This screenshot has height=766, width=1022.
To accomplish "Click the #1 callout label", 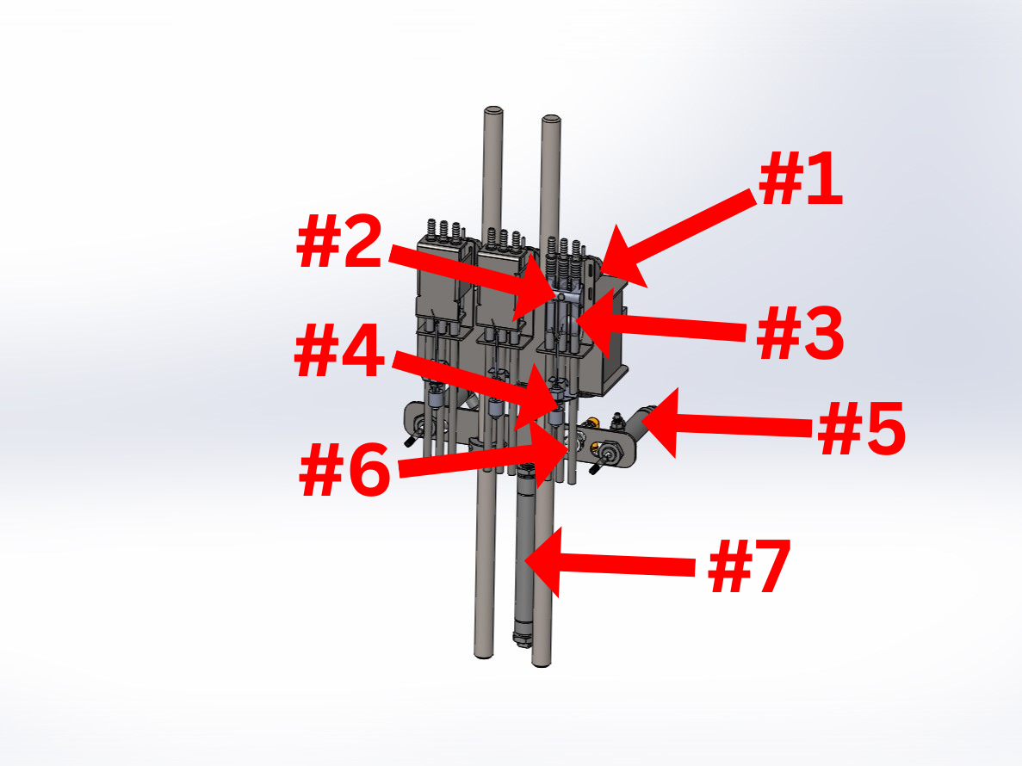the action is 801,178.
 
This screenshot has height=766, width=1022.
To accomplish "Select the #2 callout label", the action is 339,241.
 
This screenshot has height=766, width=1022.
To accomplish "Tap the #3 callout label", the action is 801,333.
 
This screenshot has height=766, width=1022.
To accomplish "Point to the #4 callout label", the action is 339,351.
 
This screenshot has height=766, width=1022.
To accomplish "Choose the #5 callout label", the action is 861,428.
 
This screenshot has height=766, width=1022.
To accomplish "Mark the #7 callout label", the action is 750,566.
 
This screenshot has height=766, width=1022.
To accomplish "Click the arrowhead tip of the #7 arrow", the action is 524,559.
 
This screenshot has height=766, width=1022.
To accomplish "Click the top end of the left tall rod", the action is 492,110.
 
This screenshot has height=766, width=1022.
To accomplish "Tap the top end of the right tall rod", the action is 551,120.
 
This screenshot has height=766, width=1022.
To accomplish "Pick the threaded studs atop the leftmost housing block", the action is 444,230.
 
